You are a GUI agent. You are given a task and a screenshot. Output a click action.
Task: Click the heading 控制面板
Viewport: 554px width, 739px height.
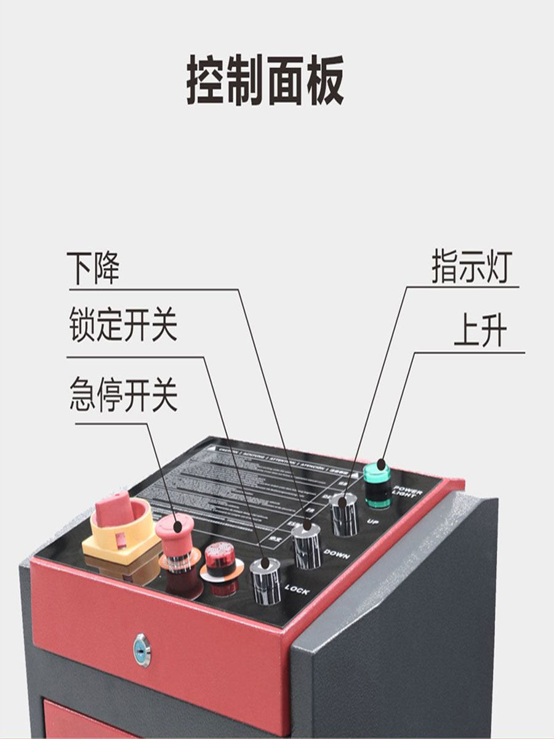pyautogui.click(x=265, y=81)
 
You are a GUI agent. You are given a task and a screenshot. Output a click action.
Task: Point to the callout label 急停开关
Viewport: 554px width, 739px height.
pyautogui.click(x=123, y=395)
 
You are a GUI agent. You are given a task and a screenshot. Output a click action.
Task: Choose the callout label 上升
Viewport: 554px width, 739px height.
pyautogui.click(x=481, y=333)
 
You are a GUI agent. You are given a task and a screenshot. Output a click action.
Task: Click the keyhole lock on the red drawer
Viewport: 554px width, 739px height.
pyautogui.click(x=142, y=649)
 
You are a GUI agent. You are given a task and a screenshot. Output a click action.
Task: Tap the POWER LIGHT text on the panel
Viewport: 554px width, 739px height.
pyautogui.click(x=408, y=492)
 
